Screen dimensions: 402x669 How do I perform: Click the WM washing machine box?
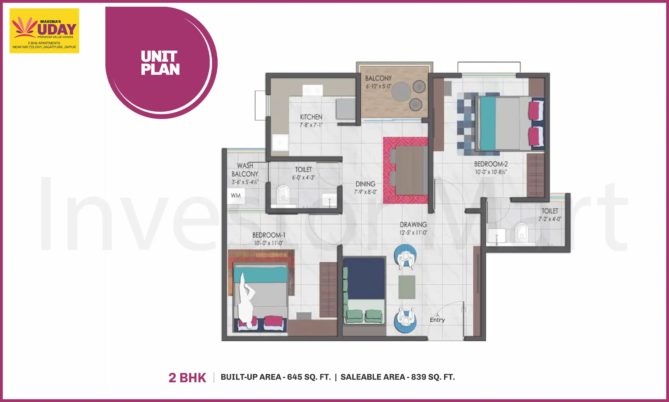[236, 196]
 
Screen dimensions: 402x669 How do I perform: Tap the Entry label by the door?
[437, 320]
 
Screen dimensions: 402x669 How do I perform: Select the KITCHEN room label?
[311, 117]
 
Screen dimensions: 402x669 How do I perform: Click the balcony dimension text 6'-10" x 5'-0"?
[379, 87]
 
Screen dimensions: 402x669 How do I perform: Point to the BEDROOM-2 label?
[491, 164]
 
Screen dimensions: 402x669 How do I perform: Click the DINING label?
[365, 184]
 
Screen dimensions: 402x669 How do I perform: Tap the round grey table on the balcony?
[401, 91]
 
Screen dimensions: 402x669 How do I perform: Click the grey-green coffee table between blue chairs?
[407, 287]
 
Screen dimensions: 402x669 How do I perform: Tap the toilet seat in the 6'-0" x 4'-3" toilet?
[283, 194]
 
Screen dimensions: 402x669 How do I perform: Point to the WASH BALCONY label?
[245, 170]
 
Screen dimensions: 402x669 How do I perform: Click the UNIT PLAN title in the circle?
[160, 63]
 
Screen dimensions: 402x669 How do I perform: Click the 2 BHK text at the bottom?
[187, 378]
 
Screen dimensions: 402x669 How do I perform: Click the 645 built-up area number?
[295, 377]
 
